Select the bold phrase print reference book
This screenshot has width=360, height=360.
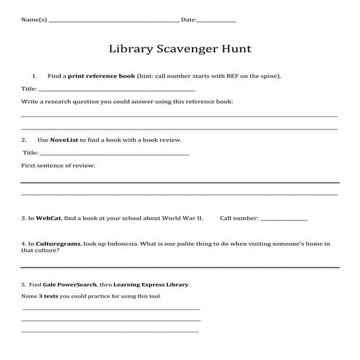coord(102,76)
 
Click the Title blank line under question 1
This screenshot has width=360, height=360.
coord(116,90)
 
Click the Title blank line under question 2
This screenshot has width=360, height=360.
coord(114,154)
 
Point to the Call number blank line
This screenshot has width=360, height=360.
coord(283,219)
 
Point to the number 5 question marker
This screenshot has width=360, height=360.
coord(23,284)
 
